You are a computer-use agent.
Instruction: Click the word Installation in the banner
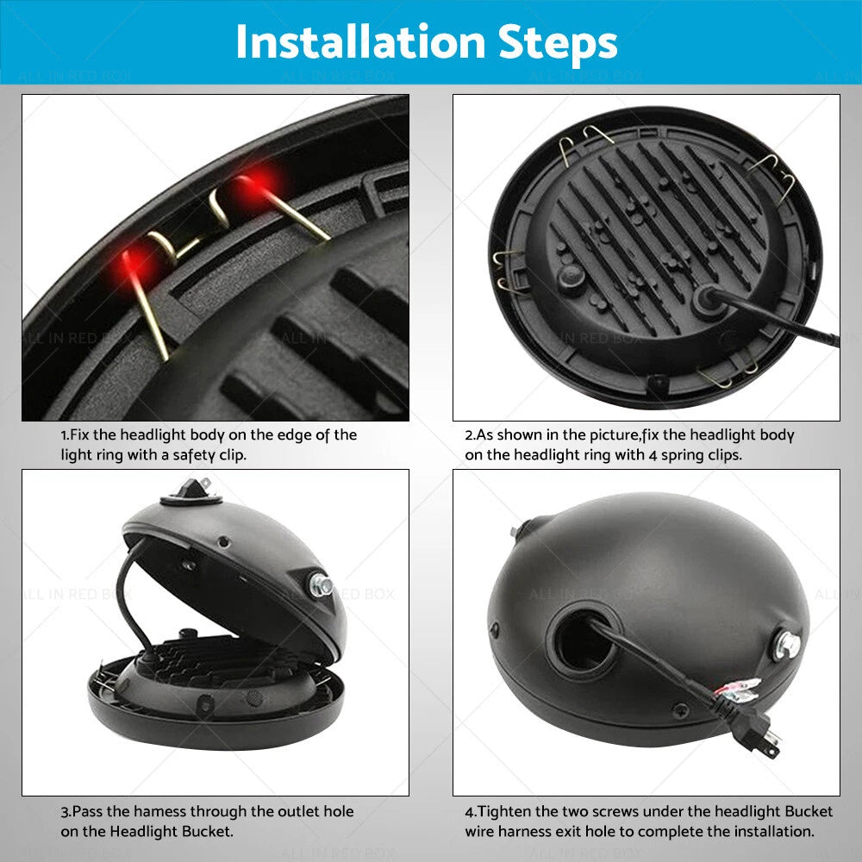[360, 41]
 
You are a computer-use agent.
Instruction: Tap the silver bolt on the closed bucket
[787, 644]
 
